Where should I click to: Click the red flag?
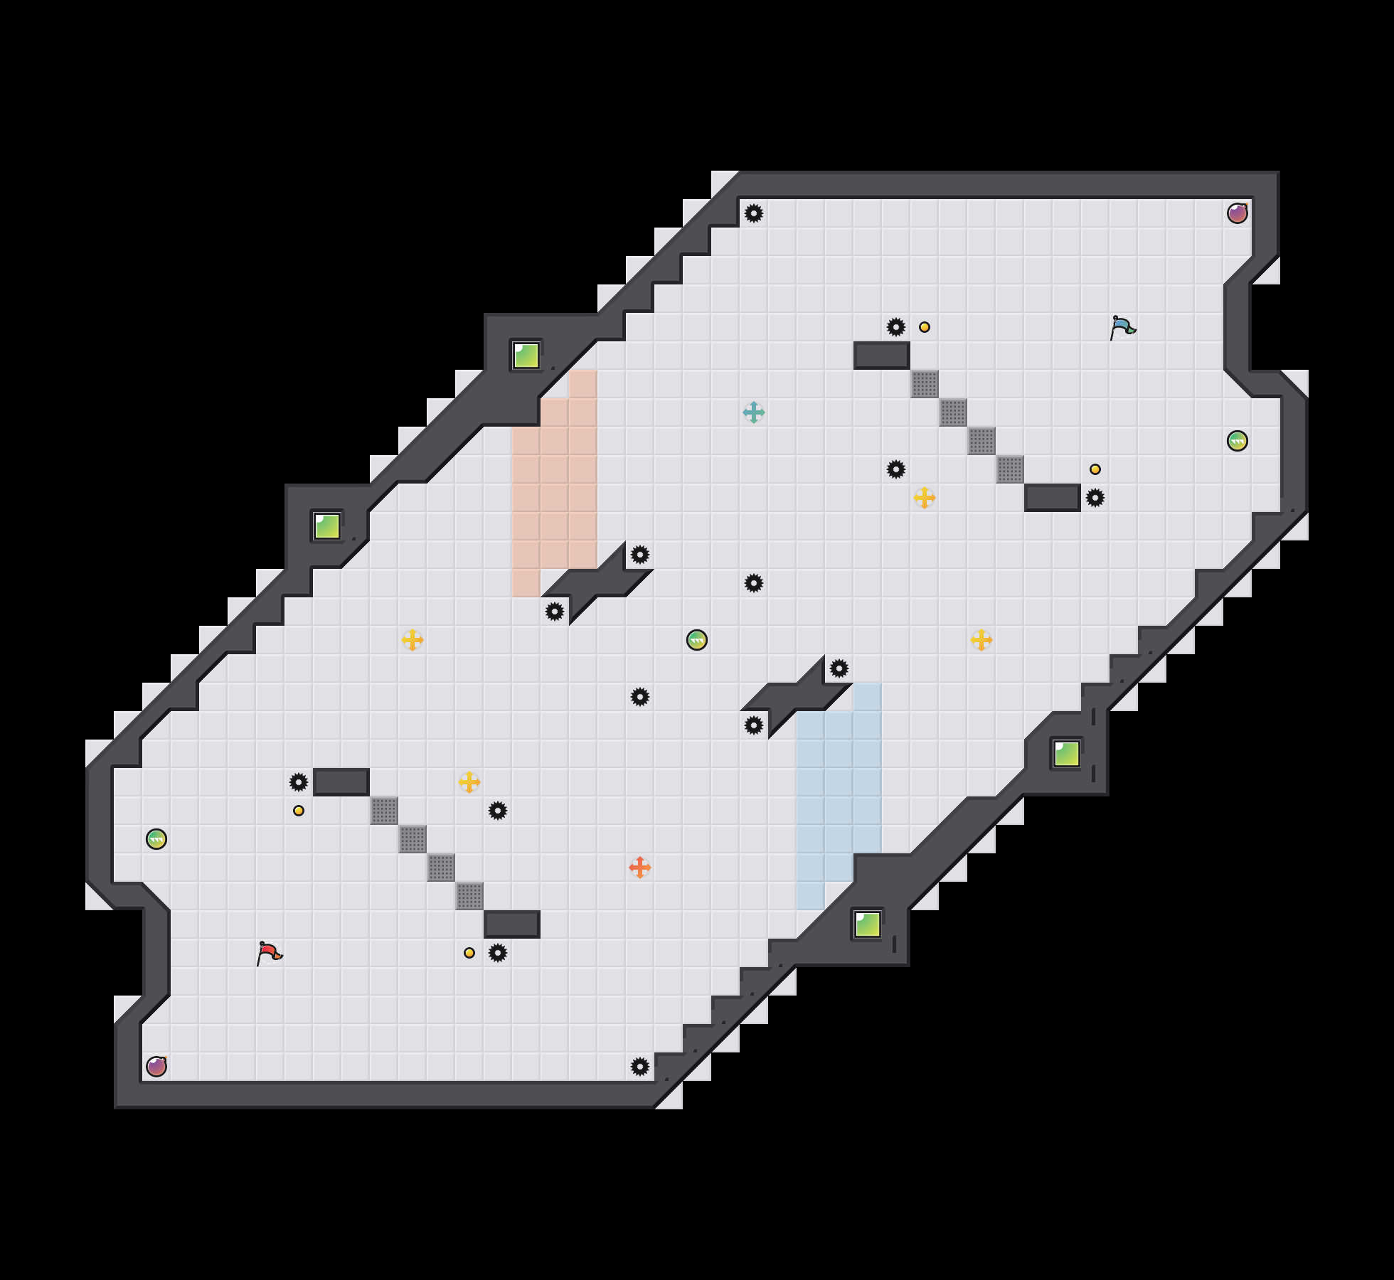point(269,953)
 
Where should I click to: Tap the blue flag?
point(1122,327)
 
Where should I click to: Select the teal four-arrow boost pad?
point(754,412)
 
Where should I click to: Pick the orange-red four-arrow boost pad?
point(640,868)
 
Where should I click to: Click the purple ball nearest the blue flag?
point(1238,213)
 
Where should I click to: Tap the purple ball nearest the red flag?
point(156,1067)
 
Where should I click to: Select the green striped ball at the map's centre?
point(697,640)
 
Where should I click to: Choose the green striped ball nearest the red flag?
point(156,839)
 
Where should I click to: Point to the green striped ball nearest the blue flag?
point(1238,441)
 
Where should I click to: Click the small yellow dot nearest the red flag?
point(299,811)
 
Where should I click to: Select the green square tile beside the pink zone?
point(526,356)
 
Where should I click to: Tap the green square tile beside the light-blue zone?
point(868,924)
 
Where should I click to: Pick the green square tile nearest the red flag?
point(327,526)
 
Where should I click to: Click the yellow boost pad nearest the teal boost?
point(925,498)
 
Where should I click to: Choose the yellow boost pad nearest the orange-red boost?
point(469,782)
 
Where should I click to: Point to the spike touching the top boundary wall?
point(754,213)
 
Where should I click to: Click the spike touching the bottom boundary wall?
point(640,1067)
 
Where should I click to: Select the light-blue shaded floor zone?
point(839,782)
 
